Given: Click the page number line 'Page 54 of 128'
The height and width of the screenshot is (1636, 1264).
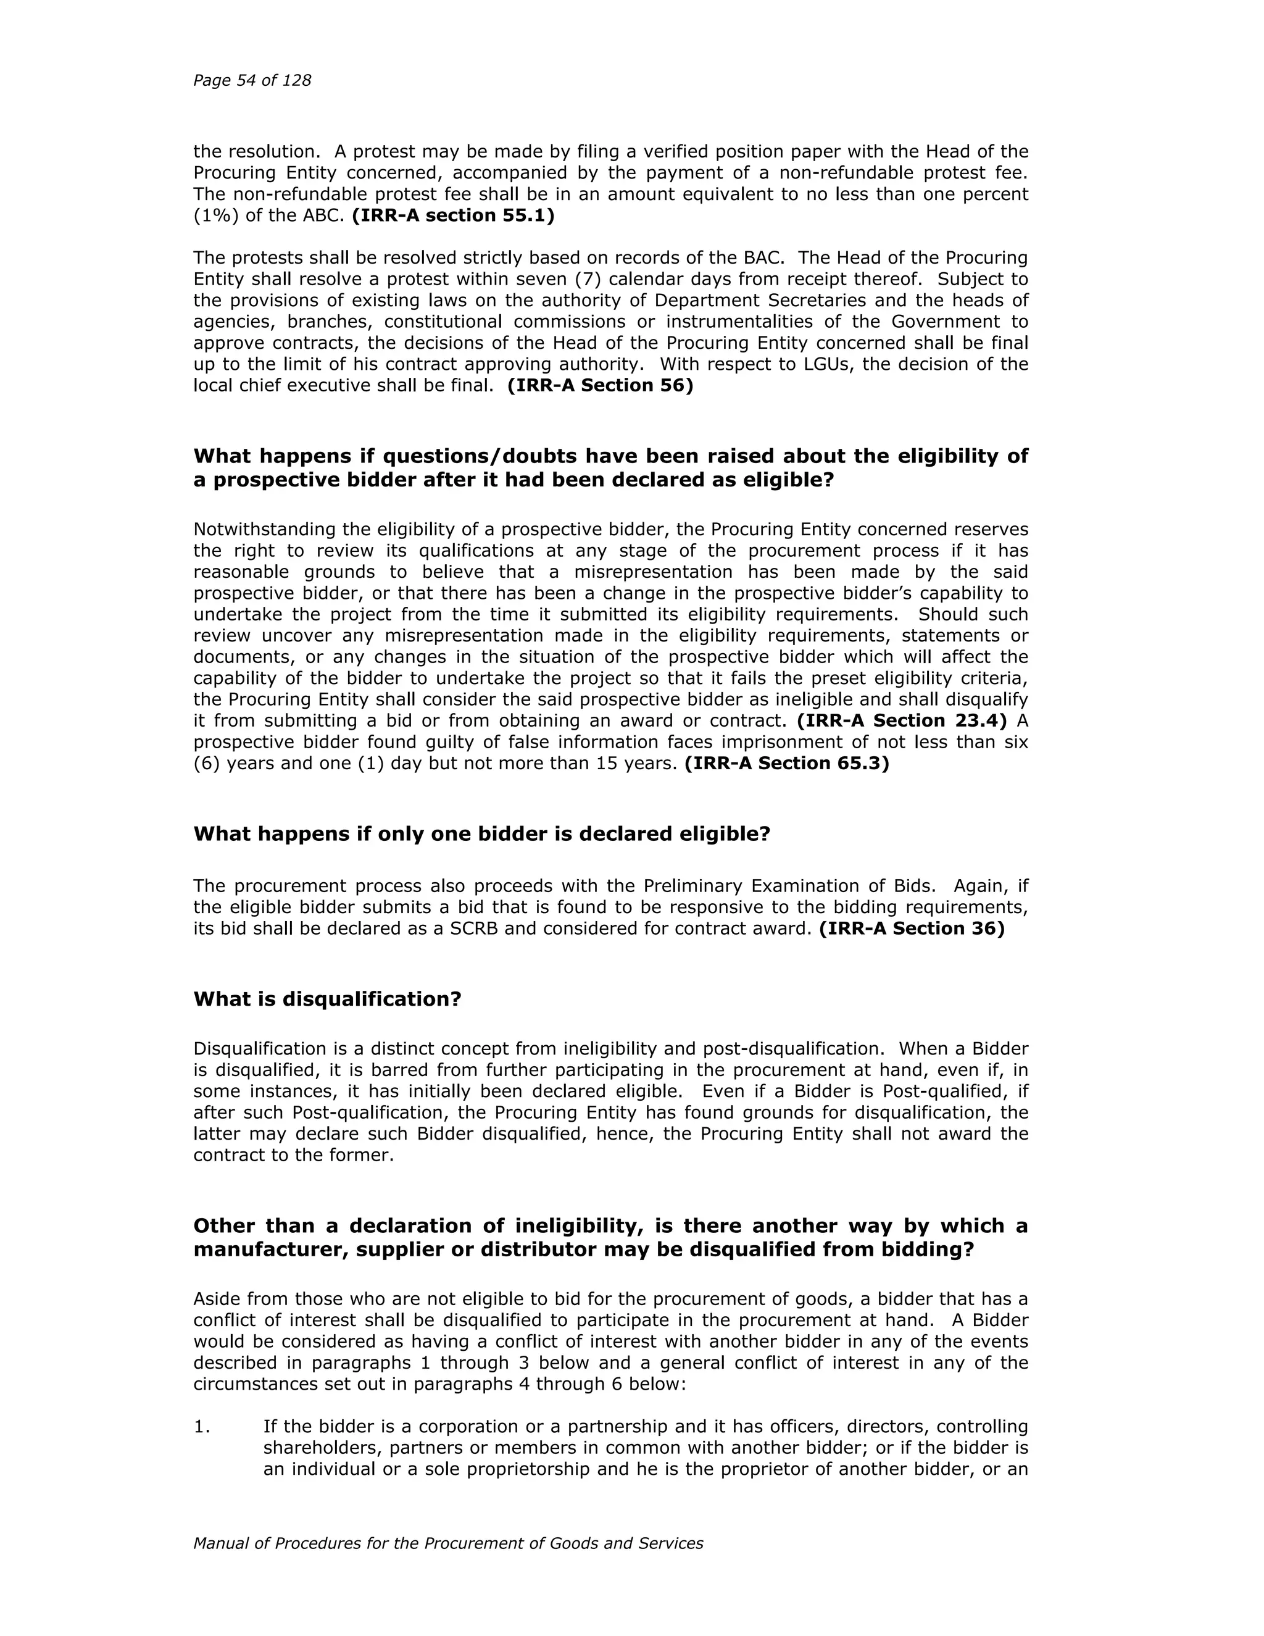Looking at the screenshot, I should (252, 81).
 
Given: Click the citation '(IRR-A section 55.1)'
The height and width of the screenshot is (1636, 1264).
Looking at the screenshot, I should (453, 215).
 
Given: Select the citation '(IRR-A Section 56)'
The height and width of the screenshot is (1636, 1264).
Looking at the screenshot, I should (600, 386).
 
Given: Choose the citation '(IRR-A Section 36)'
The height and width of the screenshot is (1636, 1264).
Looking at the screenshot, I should (912, 929).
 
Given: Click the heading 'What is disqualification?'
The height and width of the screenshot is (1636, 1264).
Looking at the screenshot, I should (327, 1000).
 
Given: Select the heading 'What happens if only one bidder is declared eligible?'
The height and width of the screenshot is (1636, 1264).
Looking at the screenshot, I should (481, 833).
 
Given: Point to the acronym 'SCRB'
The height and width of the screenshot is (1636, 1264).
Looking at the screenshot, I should (475, 929).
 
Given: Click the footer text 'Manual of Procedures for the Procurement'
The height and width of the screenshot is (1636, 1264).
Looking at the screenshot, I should (448, 1543).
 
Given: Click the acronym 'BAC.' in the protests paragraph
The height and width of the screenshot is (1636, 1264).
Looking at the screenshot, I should (764, 257).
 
